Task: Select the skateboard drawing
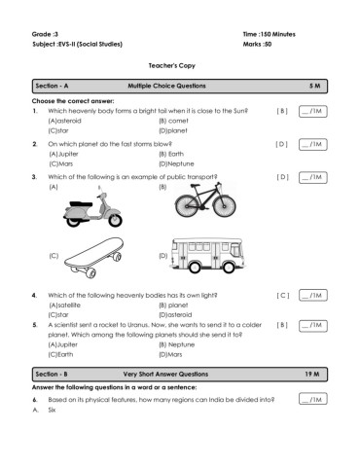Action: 94,258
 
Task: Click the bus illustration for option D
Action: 207,255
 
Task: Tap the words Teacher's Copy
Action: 172,66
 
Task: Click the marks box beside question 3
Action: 313,177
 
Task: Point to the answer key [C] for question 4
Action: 283,296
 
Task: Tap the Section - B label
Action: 52,375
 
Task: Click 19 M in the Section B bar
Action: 312,375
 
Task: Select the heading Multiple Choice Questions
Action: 166,86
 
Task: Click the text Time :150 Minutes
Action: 270,34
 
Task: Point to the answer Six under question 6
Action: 52,410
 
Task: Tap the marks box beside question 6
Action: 313,399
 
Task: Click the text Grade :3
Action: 45,34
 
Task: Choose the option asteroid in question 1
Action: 65,121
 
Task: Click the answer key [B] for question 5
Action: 282,325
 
